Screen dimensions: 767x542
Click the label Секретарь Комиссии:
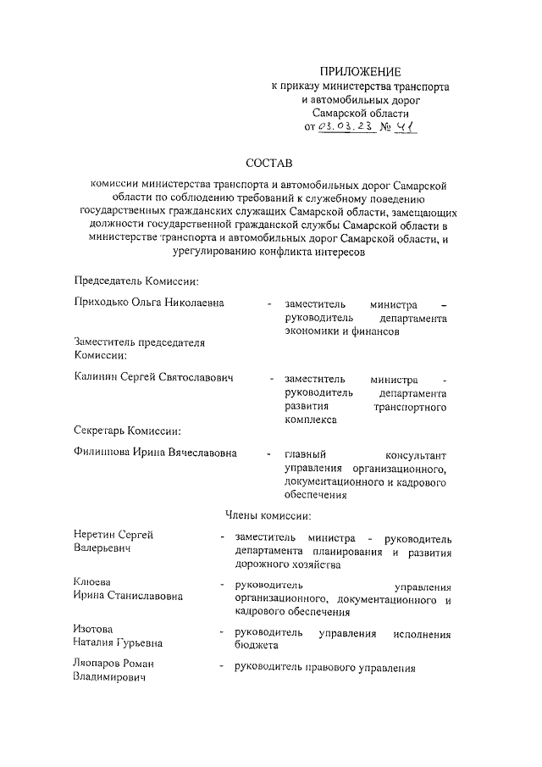(128, 431)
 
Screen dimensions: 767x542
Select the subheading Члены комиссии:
(269, 515)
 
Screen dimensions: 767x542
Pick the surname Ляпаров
(102, 664)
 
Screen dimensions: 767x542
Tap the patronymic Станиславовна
(144, 597)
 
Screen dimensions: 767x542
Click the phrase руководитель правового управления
(326, 669)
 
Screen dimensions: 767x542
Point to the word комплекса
(311, 420)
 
